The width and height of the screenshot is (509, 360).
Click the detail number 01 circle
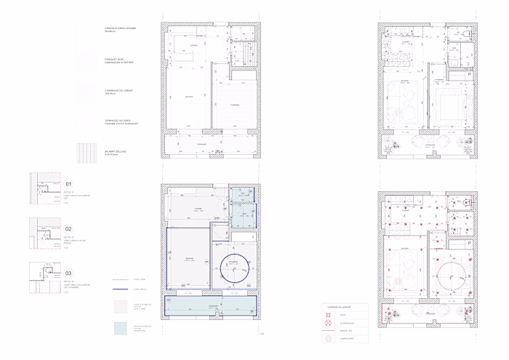[69, 185]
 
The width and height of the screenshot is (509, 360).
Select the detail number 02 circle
[69, 228]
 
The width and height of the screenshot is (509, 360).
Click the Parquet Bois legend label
[119, 62]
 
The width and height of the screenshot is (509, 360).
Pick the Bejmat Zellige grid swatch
[87, 153]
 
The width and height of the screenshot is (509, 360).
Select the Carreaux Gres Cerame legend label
[120, 30]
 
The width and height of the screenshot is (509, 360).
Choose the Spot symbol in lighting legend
[329, 315]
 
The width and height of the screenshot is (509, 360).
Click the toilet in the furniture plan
[466, 33]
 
